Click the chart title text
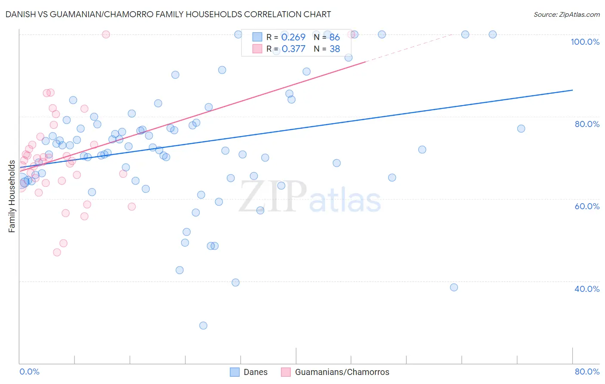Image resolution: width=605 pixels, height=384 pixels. pos(168,14)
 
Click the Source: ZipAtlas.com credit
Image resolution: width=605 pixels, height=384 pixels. pos(566,15)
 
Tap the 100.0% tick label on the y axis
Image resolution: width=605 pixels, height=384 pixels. pos(585,42)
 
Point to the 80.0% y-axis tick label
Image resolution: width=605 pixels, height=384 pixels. pos(587,124)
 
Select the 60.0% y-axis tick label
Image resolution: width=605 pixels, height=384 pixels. pos(587,206)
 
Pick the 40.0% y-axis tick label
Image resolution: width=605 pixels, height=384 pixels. pos(587,289)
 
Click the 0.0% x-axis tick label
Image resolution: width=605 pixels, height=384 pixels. pos(29,372)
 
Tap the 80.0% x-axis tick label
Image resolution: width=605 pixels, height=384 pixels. pos(587,372)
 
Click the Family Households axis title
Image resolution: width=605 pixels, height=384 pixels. pos(12,196)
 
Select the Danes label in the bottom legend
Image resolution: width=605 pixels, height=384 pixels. pos(256,372)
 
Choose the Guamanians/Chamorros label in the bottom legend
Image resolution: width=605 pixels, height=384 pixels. pos(342,372)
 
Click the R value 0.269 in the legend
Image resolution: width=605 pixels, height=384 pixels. pos(293,37)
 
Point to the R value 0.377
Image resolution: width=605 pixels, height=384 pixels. pos(293,49)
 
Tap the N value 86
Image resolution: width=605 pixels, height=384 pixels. pos(335,37)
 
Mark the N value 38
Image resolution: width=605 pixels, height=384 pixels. pos(335,49)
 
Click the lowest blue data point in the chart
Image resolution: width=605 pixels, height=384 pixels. pos(203,325)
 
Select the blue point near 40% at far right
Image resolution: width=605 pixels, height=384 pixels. pos(454,287)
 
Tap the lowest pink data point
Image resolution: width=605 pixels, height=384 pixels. pos(57,252)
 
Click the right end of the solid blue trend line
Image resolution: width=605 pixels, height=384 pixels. pos(572,90)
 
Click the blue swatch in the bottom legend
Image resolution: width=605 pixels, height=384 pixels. pos(235,372)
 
